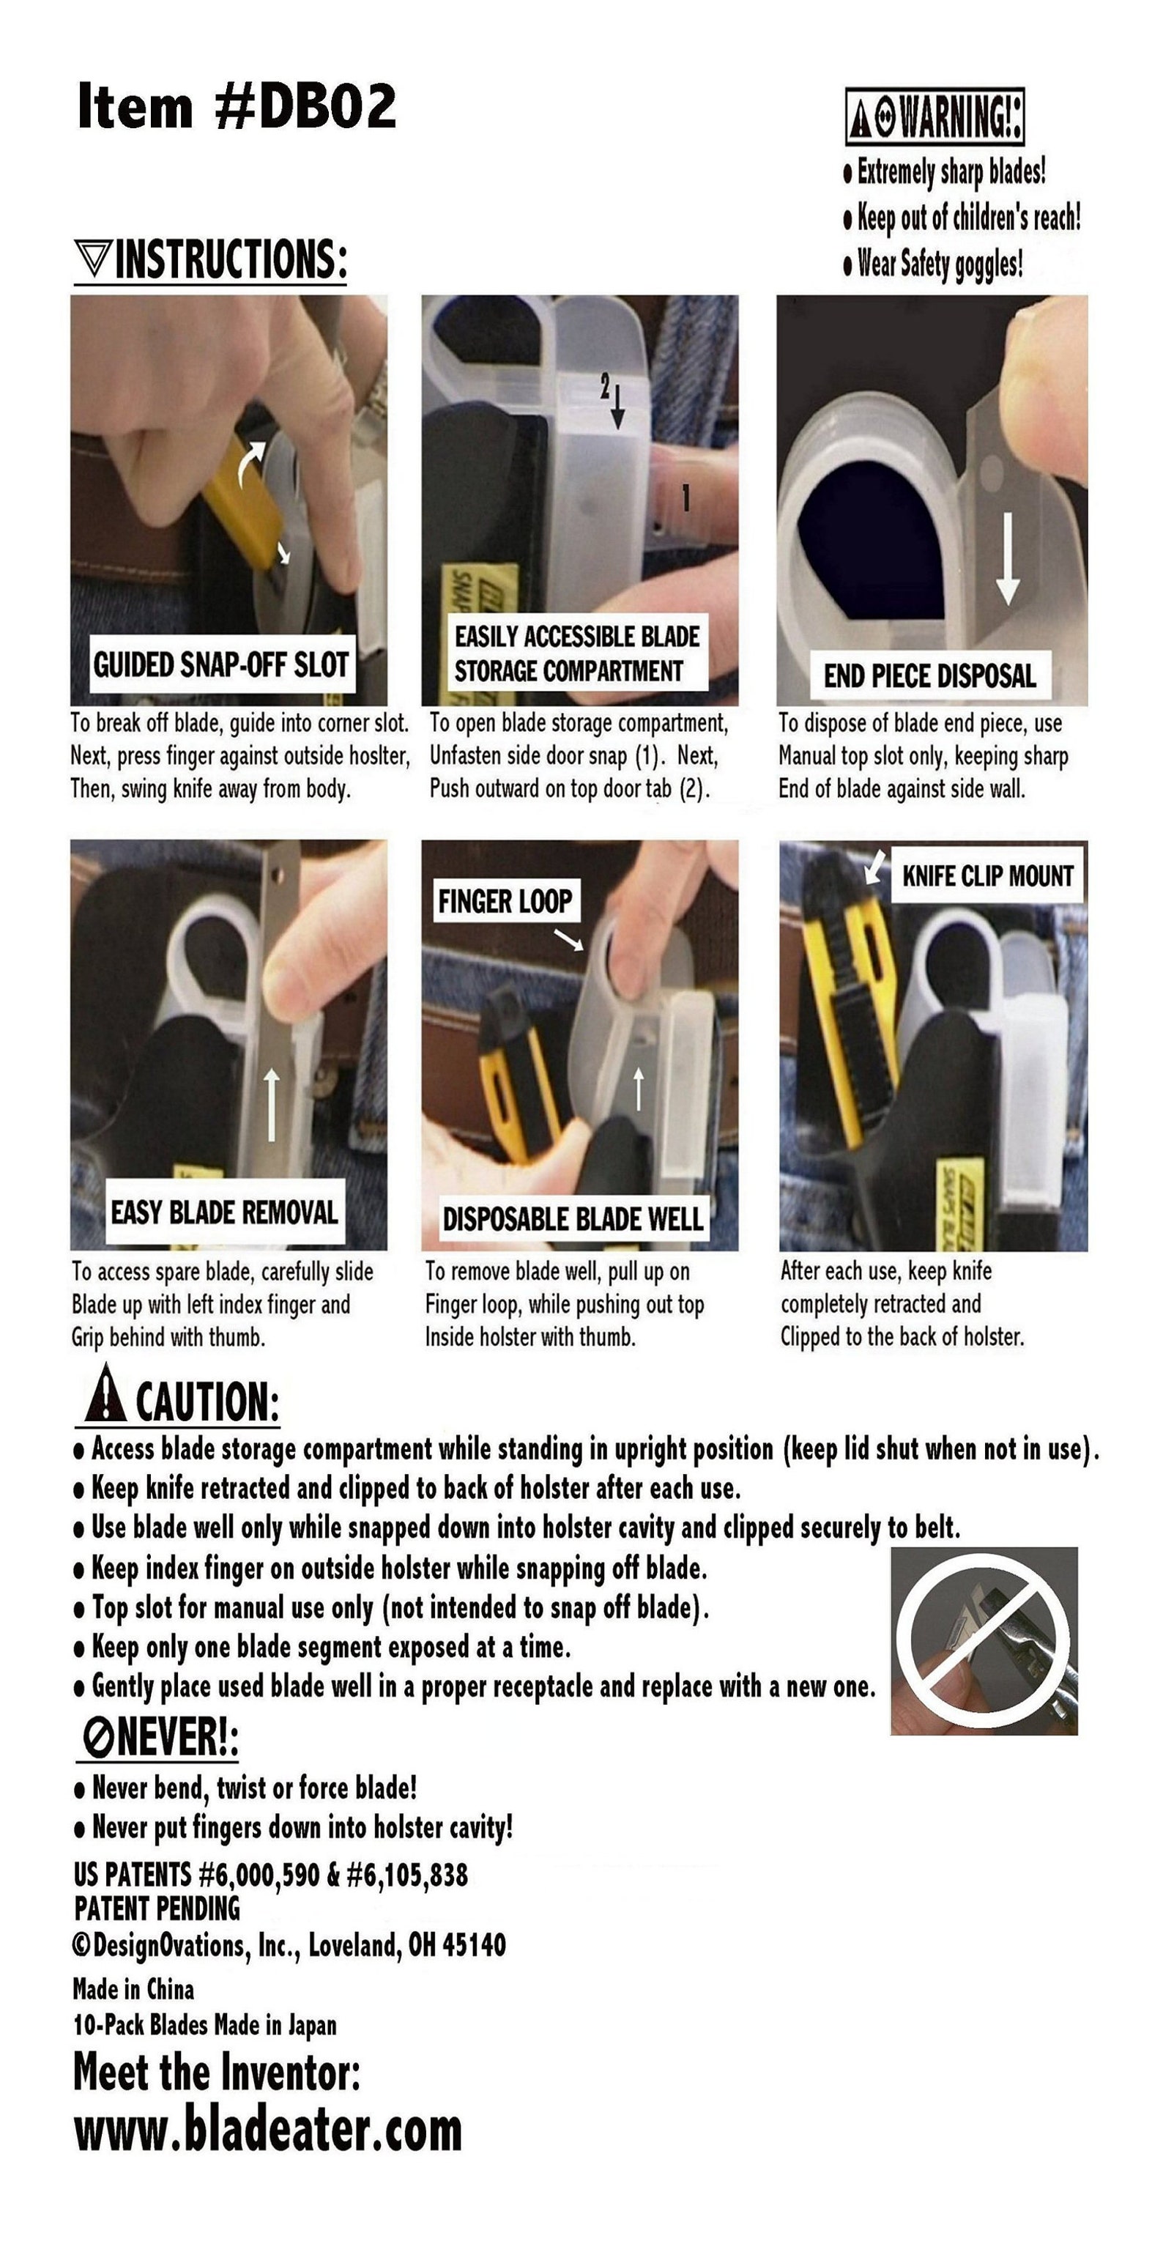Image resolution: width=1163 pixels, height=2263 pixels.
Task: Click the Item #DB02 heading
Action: (237, 106)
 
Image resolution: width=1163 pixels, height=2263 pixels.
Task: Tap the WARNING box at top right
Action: (935, 116)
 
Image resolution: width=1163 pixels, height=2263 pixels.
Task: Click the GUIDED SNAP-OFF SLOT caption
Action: (220, 665)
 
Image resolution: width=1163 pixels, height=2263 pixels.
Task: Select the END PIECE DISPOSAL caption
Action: (929, 675)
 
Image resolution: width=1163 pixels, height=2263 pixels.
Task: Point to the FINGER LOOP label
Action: (505, 900)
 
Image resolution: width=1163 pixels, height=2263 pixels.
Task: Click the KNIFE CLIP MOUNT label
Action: (987, 876)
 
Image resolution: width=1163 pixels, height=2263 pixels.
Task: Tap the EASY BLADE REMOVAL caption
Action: (224, 1213)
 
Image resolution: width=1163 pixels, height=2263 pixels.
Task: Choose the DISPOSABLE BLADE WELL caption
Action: (573, 1219)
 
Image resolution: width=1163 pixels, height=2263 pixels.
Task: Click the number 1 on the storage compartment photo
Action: (686, 498)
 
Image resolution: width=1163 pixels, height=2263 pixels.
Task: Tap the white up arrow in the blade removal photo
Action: (272, 1104)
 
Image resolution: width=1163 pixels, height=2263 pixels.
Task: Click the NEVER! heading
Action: (159, 1736)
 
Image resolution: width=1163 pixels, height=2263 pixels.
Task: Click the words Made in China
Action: (133, 1989)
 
